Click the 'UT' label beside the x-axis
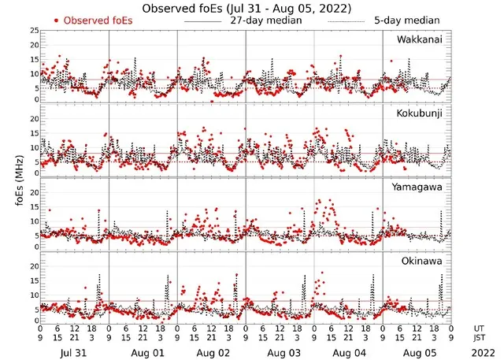pyautogui.click(x=479, y=328)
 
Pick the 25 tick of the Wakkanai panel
pyautogui.click(x=34, y=31)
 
